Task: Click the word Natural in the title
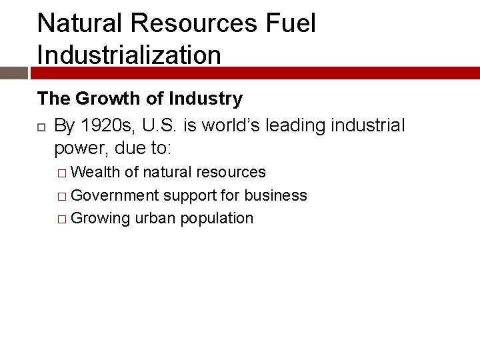coord(79,23)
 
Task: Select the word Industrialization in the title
coord(129,54)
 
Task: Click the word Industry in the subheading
coord(205,99)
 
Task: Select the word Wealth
coord(95,172)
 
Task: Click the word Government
coord(115,195)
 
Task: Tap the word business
coord(275,195)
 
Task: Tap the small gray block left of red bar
coord(13,73)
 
